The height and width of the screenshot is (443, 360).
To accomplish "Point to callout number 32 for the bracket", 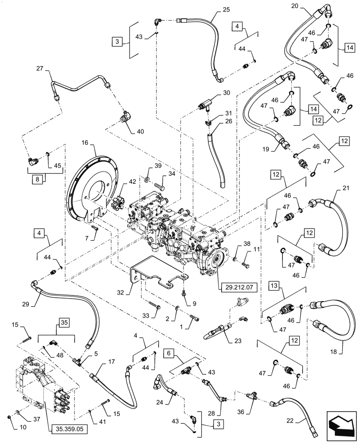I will [x=121, y=293].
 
